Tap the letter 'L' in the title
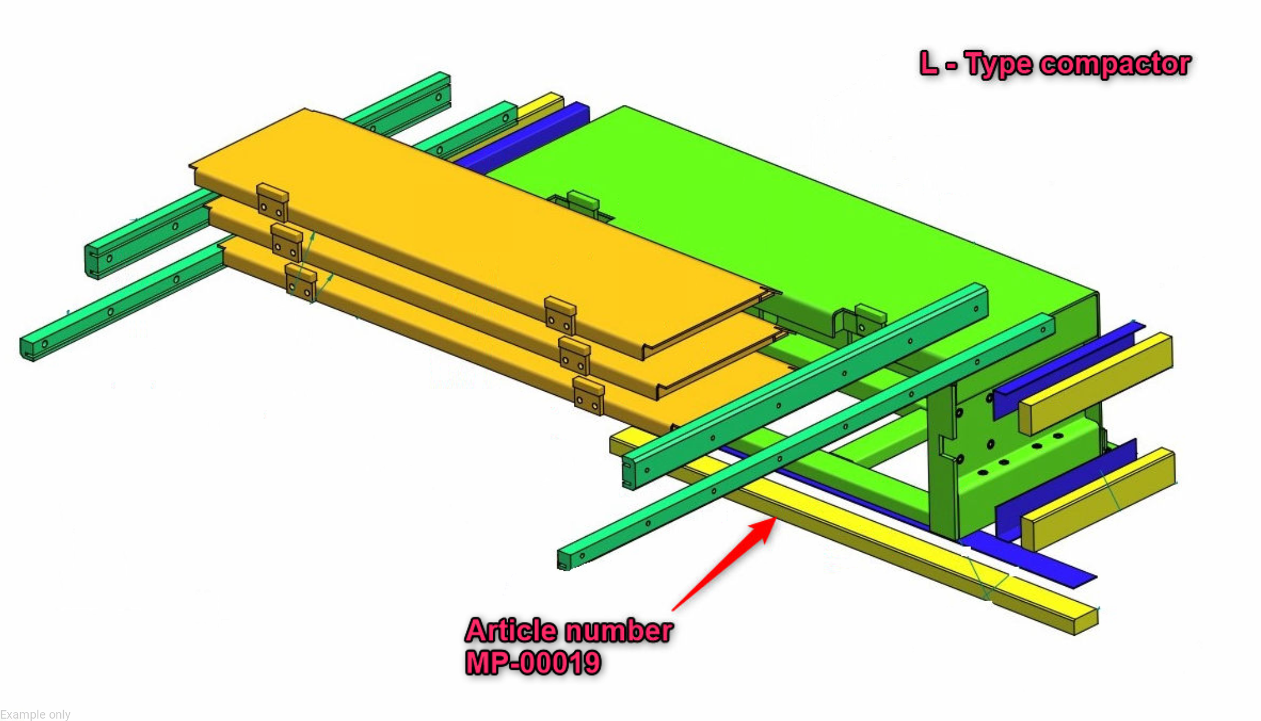click(x=929, y=63)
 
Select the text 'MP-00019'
click(x=533, y=663)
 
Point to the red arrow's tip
click(x=775, y=518)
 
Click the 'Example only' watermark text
click(x=35, y=714)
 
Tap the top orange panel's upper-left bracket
click(x=273, y=203)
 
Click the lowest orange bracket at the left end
click(x=301, y=282)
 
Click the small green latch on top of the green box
click(x=583, y=201)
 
